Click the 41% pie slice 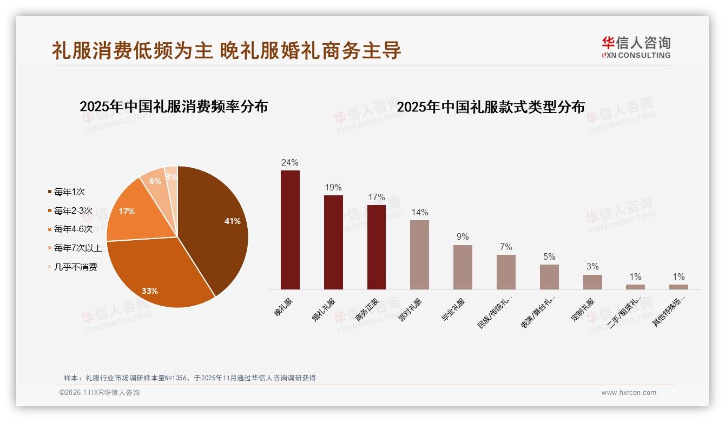(x=216, y=222)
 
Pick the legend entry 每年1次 (x=69, y=192)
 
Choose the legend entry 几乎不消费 (x=75, y=267)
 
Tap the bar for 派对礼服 (x=419, y=254)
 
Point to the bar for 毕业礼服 (x=463, y=267)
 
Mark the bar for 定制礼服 (x=592, y=282)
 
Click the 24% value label (x=290, y=162)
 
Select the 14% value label (x=419, y=212)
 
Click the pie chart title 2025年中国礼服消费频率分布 (x=174, y=106)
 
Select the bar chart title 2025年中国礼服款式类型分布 (x=491, y=107)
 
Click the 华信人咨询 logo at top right (x=636, y=47)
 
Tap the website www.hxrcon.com (x=629, y=393)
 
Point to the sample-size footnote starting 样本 (x=189, y=378)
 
